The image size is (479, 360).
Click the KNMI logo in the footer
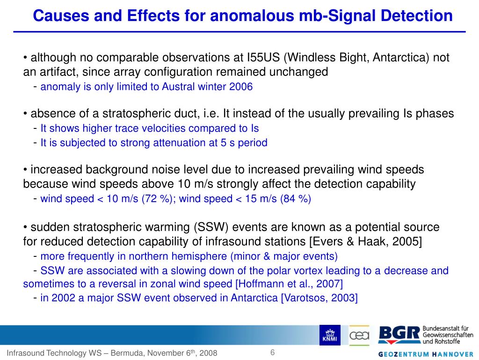[329, 335]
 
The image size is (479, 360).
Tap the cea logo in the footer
[359, 335]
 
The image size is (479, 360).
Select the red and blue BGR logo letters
[399, 334]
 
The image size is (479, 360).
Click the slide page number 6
[272, 352]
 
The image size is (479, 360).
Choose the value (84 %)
[296, 198]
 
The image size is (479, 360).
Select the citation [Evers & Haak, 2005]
[370, 242]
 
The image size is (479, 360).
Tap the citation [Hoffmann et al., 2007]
[289, 284]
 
